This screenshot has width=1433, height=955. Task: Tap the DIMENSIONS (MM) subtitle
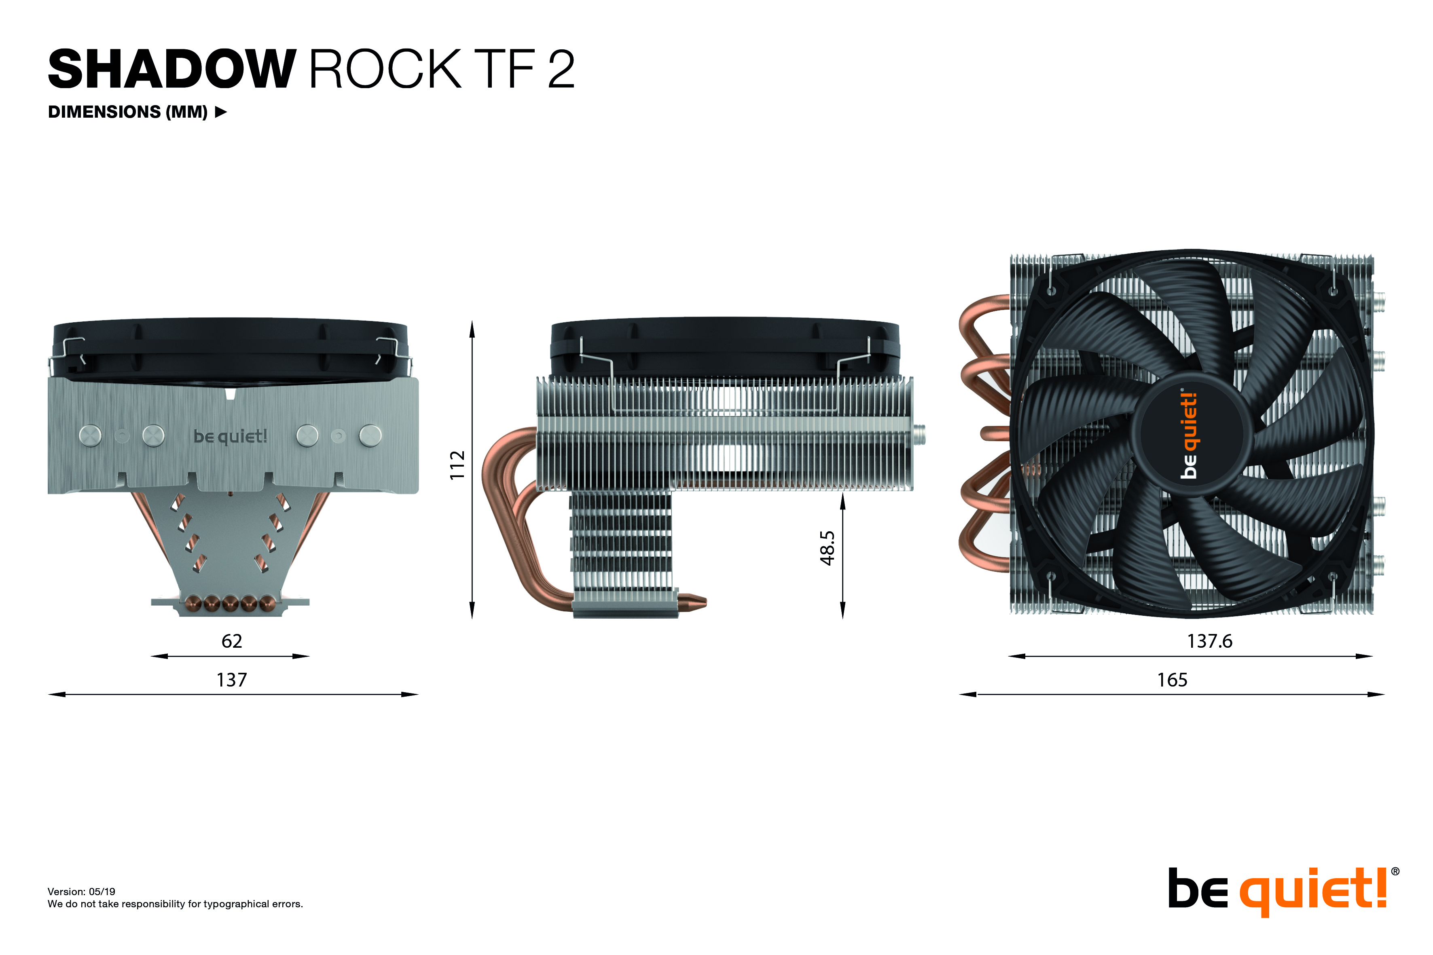pos(128,112)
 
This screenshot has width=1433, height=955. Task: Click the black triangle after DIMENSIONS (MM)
pos(221,112)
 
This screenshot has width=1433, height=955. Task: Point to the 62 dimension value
pos(231,641)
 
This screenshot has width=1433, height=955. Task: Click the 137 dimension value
pos(231,680)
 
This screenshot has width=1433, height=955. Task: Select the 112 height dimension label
pos(457,465)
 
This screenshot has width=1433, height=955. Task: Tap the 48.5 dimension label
pos(827,548)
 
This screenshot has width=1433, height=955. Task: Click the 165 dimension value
pos(1172,680)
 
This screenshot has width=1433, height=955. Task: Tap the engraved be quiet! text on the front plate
pos(230,436)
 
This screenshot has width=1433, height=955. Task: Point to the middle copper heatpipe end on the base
pos(230,604)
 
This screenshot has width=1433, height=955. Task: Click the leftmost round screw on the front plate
pos(91,435)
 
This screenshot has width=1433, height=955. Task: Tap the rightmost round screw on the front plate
pos(370,435)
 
